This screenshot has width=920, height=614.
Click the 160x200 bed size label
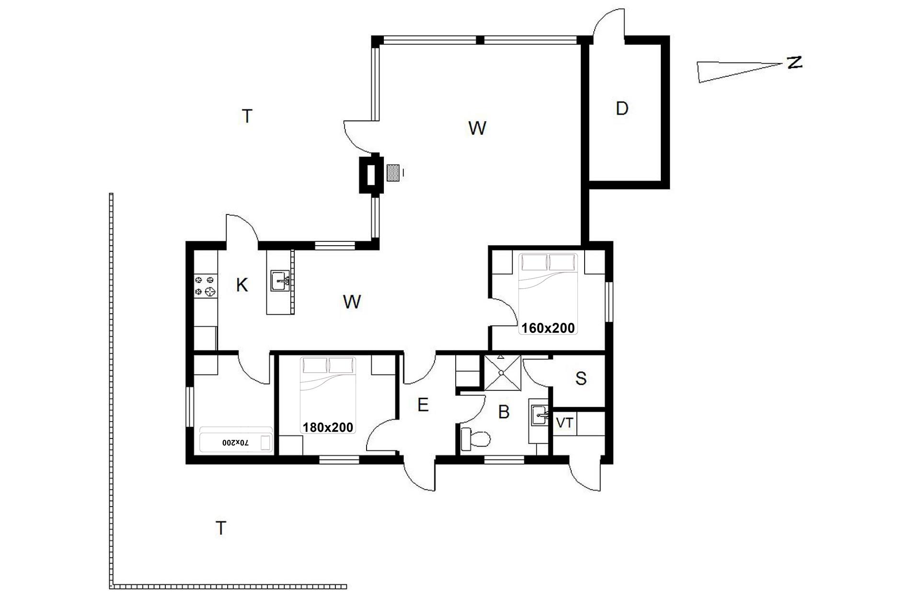pyautogui.click(x=548, y=328)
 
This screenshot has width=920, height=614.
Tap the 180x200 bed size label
pyautogui.click(x=328, y=427)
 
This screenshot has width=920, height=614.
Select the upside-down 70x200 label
pyautogui.click(x=236, y=442)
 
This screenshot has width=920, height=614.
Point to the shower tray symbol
pyautogui.click(x=502, y=373)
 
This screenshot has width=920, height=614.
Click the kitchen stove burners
pyautogui.click(x=205, y=285)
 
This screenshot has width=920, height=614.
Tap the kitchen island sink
pyautogui.click(x=280, y=281)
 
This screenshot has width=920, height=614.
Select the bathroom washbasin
pyautogui.click(x=539, y=415)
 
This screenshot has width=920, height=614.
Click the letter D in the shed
pyautogui.click(x=621, y=109)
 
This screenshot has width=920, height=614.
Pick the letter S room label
pyautogui.click(x=581, y=378)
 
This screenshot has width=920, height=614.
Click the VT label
pyautogui.click(x=564, y=423)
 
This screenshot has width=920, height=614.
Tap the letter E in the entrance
pyautogui.click(x=423, y=405)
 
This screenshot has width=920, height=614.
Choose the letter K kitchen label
pyautogui.click(x=242, y=285)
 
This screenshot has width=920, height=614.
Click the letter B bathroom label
pyautogui.click(x=504, y=412)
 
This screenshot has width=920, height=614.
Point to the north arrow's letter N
pyautogui.click(x=793, y=62)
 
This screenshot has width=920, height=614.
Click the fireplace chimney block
pyautogui.click(x=371, y=174)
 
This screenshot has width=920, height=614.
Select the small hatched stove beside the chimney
pyautogui.click(x=393, y=173)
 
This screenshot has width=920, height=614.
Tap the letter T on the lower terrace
pyautogui.click(x=220, y=528)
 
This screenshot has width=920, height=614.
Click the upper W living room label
pyautogui.click(x=477, y=128)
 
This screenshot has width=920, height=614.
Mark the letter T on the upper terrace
pyautogui.click(x=247, y=116)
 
